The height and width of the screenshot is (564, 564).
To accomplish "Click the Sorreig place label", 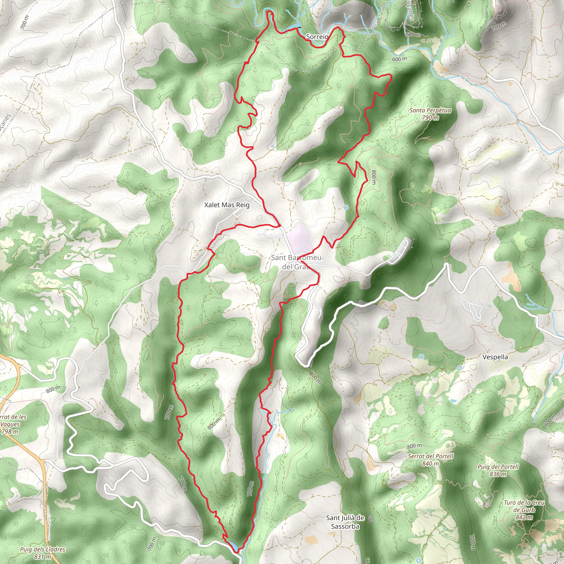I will [x=317, y=37].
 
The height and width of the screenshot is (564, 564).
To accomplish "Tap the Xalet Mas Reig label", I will [x=227, y=205].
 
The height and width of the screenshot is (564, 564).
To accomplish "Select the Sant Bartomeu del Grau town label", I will [x=296, y=262].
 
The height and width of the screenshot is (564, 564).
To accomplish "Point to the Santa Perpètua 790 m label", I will [x=430, y=114].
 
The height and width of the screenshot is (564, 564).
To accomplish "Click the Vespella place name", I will [x=495, y=357].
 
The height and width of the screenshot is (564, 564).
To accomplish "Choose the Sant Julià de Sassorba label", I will [x=345, y=522].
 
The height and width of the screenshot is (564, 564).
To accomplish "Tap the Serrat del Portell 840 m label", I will [x=431, y=460].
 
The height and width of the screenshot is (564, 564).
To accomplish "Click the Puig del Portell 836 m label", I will [x=498, y=470].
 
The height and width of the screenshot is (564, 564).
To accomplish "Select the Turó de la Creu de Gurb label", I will [x=524, y=510].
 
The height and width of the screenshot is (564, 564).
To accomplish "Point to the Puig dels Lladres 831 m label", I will [x=43, y=553].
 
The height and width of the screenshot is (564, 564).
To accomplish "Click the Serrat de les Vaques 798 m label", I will [x=12, y=424].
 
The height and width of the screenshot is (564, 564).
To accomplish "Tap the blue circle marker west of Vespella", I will [x=421, y=357].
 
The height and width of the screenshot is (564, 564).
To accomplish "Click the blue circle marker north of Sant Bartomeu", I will [x=346, y=207].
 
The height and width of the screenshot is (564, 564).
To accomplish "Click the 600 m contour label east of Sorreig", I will [x=399, y=59].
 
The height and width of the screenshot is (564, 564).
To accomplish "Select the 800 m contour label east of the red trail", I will [x=373, y=177].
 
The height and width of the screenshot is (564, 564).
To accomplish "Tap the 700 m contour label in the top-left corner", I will [x=25, y=22].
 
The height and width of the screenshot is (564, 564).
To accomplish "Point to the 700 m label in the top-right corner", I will [x=499, y=26].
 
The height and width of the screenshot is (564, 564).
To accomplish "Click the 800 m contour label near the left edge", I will [x=53, y=389].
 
